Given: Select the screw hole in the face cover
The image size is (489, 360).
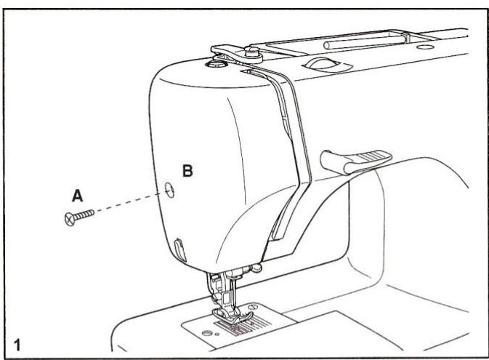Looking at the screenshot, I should [169, 190].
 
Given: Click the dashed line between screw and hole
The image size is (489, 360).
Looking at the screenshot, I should [124, 203].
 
